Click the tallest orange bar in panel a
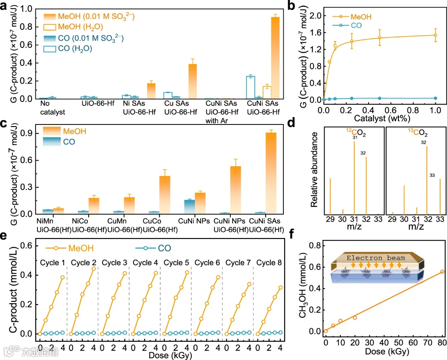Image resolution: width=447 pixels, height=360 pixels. click(275, 58)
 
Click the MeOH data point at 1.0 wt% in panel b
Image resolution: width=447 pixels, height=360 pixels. click(435, 35)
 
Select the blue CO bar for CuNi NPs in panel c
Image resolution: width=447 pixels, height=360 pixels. click(189, 207)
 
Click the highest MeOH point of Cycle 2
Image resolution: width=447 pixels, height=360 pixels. click(93, 268)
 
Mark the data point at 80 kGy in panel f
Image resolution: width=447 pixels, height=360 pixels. click(442, 272)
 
